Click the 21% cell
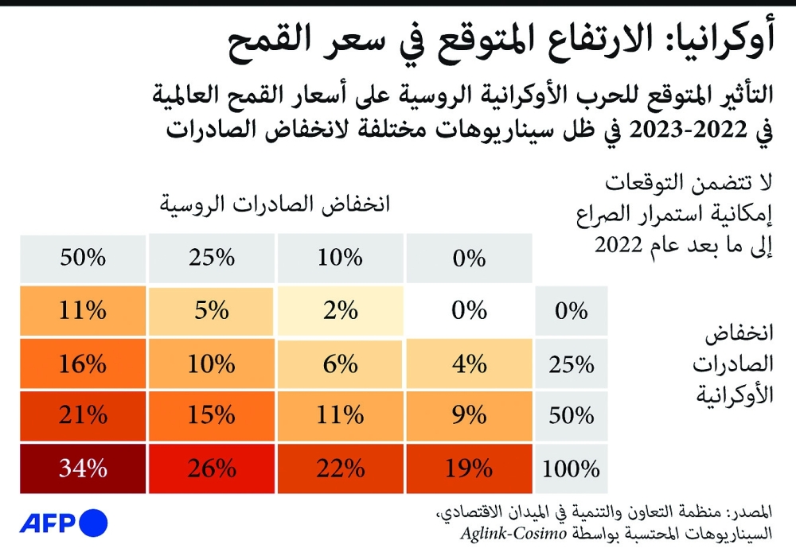[x=83, y=415]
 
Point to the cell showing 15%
[x=212, y=415]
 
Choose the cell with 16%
[x=83, y=364]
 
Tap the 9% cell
[x=469, y=415]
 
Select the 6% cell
[x=341, y=364]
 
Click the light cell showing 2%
[x=341, y=311]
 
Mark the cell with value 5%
[x=212, y=311]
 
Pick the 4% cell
[x=469, y=364]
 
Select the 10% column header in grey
[x=341, y=258]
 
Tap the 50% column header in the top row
[x=83, y=258]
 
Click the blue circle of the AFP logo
[x=94, y=523]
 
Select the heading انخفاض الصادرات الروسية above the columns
[x=274, y=205]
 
